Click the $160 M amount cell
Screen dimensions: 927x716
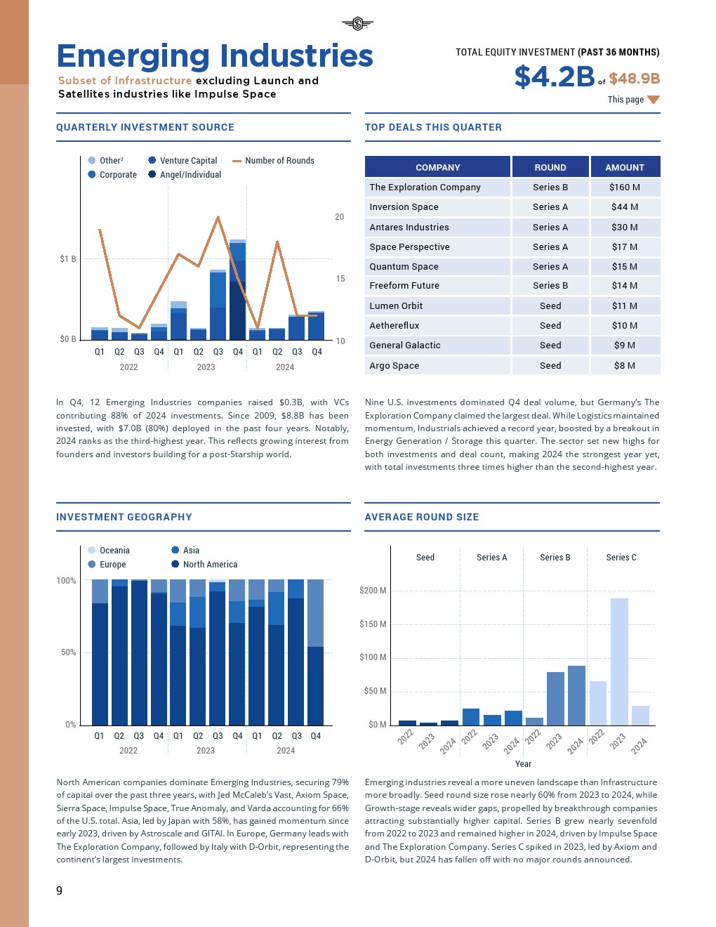(x=624, y=188)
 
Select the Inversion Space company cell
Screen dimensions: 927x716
(x=404, y=207)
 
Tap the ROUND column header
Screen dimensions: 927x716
(x=550, y=167)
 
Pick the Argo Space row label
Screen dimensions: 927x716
(x=394, y=366)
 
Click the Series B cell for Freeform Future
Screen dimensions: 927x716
(x=550, y=286)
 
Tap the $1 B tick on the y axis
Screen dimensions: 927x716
(x=68, y=259)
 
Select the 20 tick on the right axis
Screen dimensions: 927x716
(x=340, y=217)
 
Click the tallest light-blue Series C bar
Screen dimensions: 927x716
(x=619, y=660)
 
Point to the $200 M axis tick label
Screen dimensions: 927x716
(x=373, y=591)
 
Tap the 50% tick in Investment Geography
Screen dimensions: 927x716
(x=68, y=652)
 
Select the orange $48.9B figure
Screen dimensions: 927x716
(x=634, y=79)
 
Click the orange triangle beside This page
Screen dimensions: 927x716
(x=654, y=100)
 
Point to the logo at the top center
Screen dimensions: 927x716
(x=358, y=24)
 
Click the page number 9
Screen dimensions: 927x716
(x=59, y=890)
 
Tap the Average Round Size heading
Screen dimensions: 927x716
(x=422, y=517)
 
